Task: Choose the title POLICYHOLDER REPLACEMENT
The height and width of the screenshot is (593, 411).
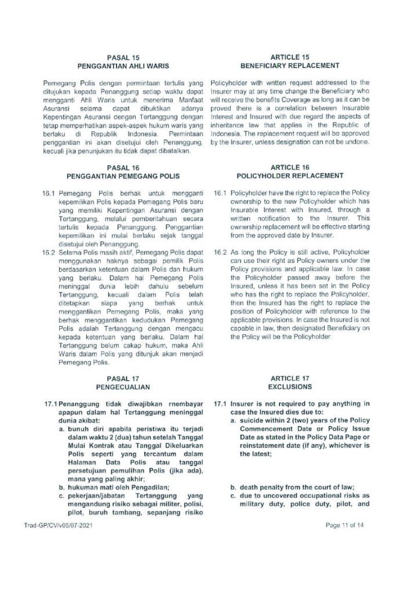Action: click(290, 175)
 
